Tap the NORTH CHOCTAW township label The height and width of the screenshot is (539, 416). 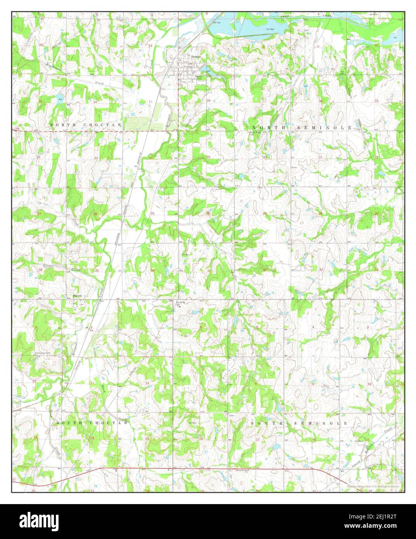click(x=86, y=125)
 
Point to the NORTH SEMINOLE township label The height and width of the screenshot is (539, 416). click(x=302, y=128)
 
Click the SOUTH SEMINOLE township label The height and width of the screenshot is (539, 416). click(x=299, y=423)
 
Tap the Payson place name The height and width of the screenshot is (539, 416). click(x=78, y=295)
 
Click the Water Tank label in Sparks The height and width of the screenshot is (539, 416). click(x=200, y=77)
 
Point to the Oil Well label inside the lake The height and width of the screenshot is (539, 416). click(x=270, y=29)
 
